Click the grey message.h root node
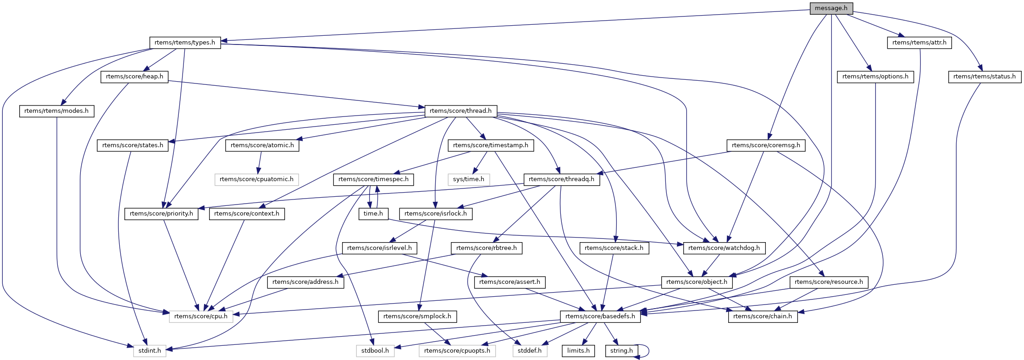click(x=831, y=8)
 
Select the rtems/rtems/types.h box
click(x=185, y=43)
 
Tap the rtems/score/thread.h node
click(x=460, y=111)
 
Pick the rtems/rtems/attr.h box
click(x=919, y=43)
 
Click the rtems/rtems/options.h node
click(x=875, y=77)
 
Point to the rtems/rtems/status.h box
click(x=984, y=77)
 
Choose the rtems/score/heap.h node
click(x=134, y=77)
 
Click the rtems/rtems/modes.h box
click(x=56, y=111)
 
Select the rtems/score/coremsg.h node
click(x=766, y=145)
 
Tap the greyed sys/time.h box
click(x=468, y=179)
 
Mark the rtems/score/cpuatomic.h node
click(x=256, y=179)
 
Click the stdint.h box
click(x=149, y=351)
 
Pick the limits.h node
click(x=578, y=351)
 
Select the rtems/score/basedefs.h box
click(x=600, y=316)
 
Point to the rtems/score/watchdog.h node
click(x=724, y=248)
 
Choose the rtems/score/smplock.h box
click(x=417, y=316)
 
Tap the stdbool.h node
click(x=375, y=351)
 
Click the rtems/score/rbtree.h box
click(x=487, y=248)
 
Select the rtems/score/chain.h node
click(x=763, y=316)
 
